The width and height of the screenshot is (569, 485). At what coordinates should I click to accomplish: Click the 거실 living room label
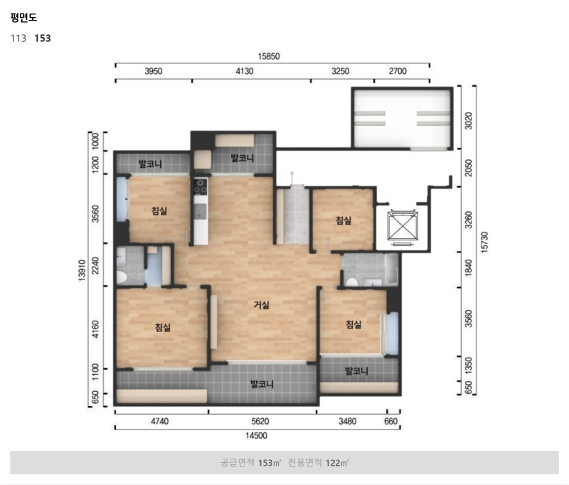point(261,304)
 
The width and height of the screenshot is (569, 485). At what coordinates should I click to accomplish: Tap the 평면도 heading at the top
point(24,17)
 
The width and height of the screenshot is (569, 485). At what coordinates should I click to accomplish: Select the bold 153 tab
point(43,38)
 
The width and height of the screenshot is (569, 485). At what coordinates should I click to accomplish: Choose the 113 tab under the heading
point(18,38)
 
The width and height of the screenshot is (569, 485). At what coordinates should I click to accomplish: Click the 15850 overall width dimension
point(269,56)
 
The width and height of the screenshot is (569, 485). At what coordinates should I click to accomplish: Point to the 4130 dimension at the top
point(245,71)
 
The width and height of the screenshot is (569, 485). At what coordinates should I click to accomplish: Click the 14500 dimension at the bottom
point(256,436)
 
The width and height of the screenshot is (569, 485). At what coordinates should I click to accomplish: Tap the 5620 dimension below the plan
point(260,422)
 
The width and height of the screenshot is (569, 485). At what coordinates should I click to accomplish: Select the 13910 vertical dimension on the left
point(82,270)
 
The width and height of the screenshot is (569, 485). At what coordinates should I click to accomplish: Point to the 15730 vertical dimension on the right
point(485,242)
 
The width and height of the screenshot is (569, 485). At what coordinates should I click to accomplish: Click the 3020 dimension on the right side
point(469,120)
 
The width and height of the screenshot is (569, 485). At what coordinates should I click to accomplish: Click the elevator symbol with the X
point(403,225)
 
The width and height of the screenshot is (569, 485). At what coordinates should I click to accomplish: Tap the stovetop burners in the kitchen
point(201,186)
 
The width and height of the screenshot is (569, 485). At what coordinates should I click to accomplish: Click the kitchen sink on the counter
point(201,211)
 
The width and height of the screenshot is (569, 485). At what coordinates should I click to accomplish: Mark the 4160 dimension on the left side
point(95,329)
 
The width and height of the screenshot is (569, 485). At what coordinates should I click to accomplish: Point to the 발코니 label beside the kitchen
point(243,158)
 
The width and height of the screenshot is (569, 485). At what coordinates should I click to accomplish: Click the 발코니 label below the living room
point(262,384)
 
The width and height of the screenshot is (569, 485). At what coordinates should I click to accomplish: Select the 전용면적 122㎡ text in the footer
point(318,462)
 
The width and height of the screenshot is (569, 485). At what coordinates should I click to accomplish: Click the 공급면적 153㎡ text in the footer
point(251,462)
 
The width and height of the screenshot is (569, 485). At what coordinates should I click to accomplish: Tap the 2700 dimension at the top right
point(398,71)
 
